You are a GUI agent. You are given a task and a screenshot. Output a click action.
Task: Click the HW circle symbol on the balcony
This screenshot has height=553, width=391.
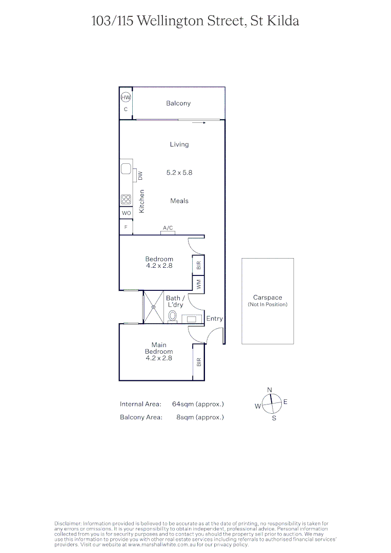tap(126, 97)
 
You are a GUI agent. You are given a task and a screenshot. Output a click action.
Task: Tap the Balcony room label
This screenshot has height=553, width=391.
tap(178, 103)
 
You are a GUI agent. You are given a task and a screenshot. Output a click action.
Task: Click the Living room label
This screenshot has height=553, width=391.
tap(179, 144)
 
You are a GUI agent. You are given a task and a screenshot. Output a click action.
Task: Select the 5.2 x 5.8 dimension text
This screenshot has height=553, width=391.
tap(179, 173)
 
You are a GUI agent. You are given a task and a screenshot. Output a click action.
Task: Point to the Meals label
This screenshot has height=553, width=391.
tap(179, 201)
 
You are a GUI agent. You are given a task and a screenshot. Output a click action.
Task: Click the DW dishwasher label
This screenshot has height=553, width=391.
tap(140, 175)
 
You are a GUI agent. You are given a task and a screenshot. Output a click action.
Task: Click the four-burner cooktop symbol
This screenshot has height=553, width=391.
tap(126, 200)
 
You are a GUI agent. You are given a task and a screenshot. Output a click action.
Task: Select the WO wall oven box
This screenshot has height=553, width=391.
tap(126, 213)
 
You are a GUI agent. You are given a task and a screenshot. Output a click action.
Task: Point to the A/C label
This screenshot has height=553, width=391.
tap(168, 228)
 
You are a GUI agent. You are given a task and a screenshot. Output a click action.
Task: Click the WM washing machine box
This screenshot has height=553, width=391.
tap(198, 283)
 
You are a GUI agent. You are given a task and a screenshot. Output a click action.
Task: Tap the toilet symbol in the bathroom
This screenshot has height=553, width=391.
tap(173, 316)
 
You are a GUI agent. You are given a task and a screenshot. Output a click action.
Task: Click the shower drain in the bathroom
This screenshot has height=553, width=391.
tap(153, 307)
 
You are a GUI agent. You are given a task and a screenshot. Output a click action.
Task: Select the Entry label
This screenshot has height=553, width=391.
tap(214, 318)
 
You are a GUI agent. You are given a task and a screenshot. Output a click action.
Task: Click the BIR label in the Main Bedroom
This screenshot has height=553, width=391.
tap(198, 362)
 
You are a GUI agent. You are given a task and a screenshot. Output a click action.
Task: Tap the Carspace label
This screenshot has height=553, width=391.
tap(267, 297)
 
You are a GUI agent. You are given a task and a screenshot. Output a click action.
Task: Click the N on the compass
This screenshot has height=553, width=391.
tap(270, 390)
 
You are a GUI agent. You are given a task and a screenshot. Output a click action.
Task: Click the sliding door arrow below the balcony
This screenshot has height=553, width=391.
tap(199, 123)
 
